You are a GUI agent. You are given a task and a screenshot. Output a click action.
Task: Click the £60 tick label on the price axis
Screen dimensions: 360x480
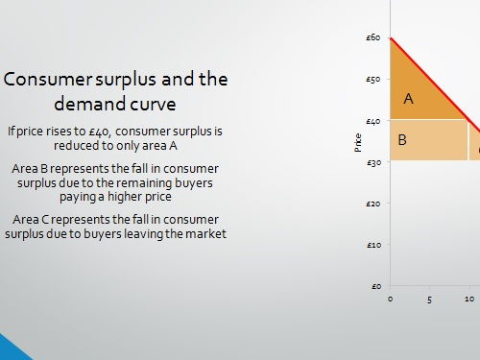(372, 37)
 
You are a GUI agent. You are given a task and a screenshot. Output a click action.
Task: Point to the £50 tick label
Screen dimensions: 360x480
(372, 79)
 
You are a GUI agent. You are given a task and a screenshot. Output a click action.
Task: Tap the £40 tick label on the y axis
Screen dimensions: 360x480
(372, 121)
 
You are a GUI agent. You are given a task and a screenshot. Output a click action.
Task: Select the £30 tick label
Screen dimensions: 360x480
(372, 162)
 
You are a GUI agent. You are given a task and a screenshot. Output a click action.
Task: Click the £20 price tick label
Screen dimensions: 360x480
(372, 204)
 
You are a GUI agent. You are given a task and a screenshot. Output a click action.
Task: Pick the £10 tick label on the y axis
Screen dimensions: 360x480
(372, 245)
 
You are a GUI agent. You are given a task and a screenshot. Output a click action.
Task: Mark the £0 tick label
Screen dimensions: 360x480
(374, 286)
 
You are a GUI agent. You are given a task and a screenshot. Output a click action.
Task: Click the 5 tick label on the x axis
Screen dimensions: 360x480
(430, 299)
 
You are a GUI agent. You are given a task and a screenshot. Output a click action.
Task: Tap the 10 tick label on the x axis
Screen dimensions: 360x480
(469, 299)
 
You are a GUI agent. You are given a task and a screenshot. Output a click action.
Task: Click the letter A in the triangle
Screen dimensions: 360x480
(408, 98)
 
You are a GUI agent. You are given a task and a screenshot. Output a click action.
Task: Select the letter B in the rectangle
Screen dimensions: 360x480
(403, 140)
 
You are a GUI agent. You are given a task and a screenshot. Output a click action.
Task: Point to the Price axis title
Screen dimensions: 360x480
(358, 142)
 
